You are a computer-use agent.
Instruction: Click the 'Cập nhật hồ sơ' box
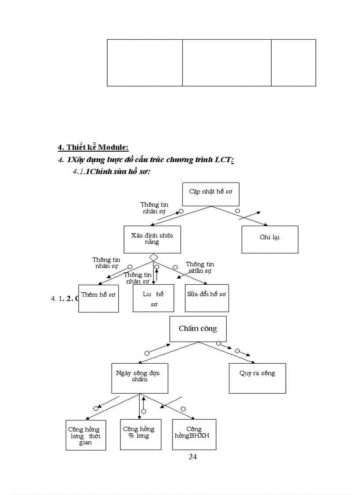[210, 194]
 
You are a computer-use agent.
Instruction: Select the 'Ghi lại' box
[270, 239]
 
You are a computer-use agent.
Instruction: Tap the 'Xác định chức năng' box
[152, 239]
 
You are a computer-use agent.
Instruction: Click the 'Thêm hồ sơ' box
[98, 298]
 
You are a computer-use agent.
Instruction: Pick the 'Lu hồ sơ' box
[153, 298]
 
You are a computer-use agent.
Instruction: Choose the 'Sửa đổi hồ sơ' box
[206, 298]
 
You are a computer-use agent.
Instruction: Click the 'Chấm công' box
[198, 329]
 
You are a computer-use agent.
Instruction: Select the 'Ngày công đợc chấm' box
[139, 378]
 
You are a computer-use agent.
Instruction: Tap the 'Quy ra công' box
[257, 378]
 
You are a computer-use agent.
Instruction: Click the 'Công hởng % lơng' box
[140, 434]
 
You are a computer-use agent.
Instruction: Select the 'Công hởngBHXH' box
[194, 434]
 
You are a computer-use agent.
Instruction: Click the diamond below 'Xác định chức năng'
[154, 257]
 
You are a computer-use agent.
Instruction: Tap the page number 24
[193, 457]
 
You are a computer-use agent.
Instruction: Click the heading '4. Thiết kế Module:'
[93, 147]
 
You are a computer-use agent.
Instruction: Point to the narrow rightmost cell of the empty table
[293, 63]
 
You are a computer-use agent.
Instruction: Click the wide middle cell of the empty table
[227, 63]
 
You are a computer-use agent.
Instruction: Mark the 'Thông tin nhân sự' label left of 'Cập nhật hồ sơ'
[154, 208]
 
